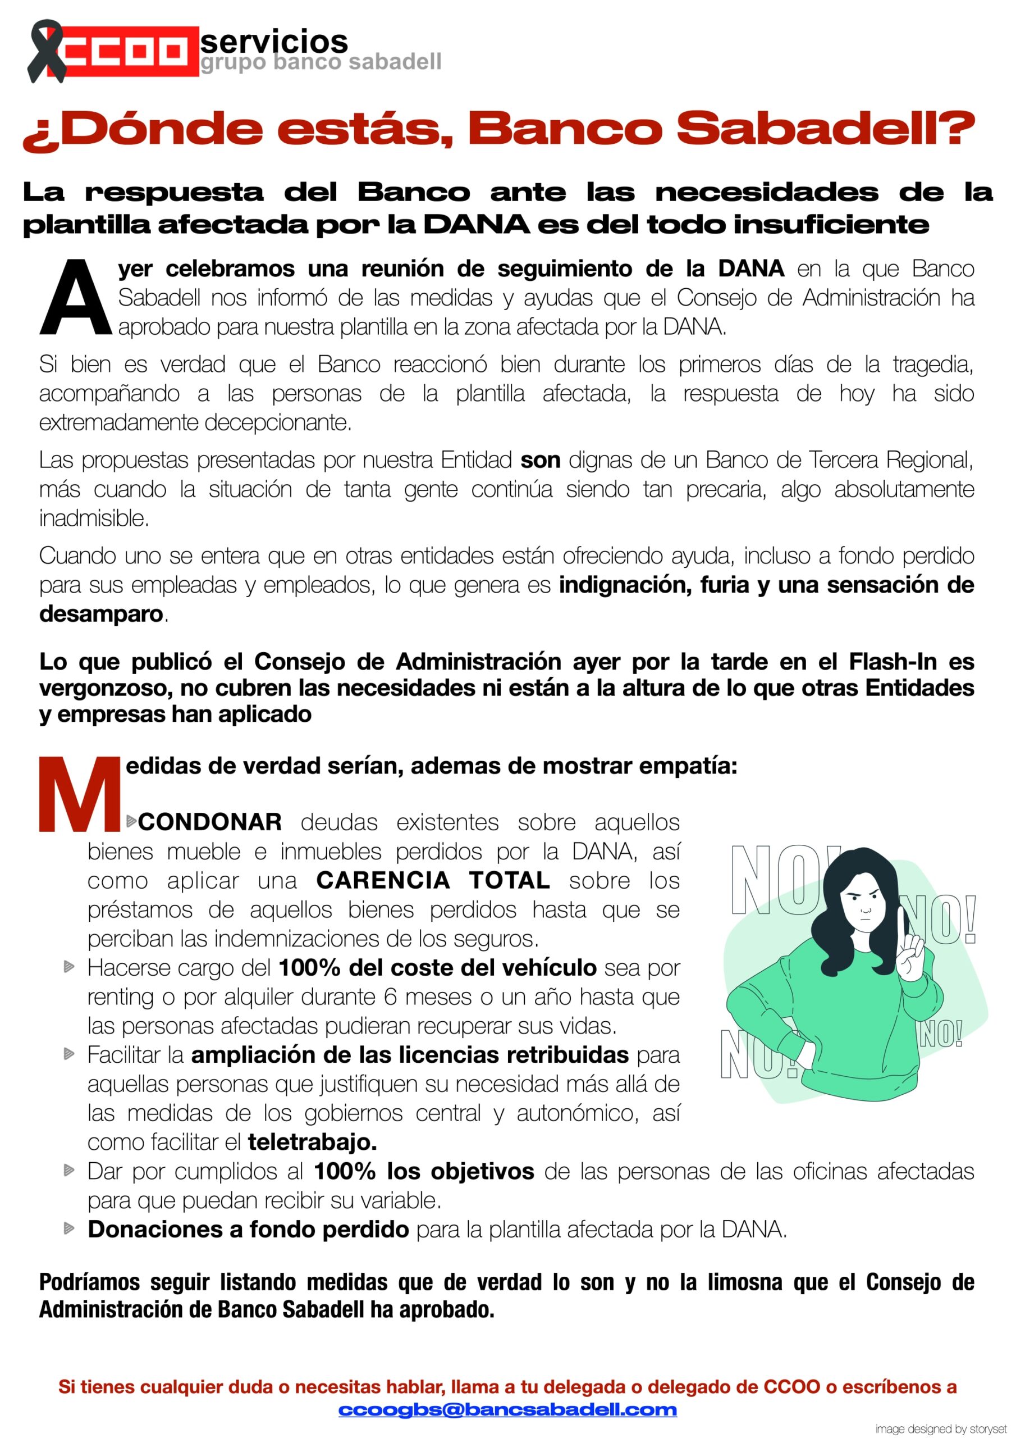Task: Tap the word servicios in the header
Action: pos(273,42)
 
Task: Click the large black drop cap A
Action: pos(75,298)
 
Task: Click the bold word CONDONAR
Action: pos(210,822)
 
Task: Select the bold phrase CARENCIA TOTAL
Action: pos(433,880)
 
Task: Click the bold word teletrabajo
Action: pos(312,1142)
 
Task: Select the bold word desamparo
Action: pos(101,613)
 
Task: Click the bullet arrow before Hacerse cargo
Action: pos(69,968)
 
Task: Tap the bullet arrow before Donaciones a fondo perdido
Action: pos(69,1229)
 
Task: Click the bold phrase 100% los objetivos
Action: pos(423,1171)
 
